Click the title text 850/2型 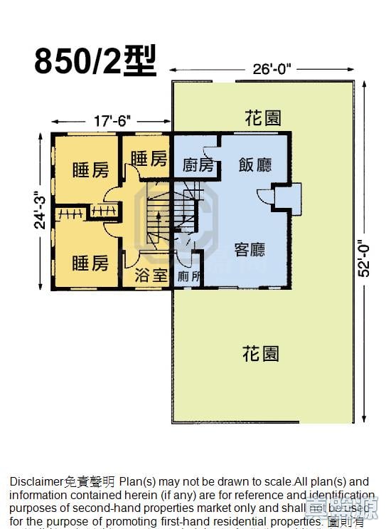[95, 61]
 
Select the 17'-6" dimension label [112, 121]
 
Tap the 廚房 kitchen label [198, 165]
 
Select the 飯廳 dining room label [255, 165]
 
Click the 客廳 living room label [250, 250]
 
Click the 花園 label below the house [260, 353]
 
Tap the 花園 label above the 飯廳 [262, 117]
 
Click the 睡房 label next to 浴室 [90, 263]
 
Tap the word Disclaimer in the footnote [36, 482]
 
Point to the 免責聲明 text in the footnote [90, 482]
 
